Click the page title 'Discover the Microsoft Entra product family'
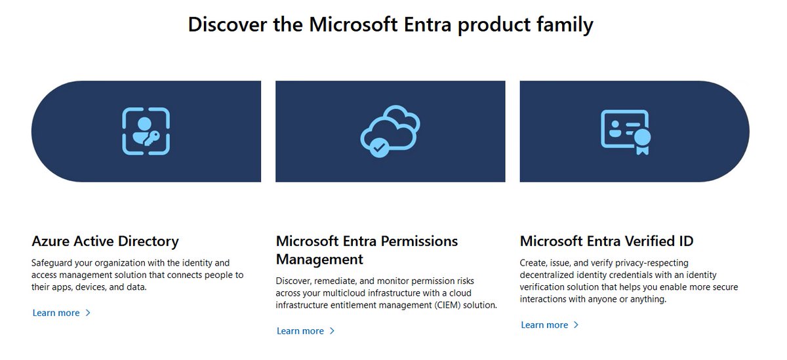coord(390,25)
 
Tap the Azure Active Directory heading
coord(105,241)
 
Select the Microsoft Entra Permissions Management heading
coord(367,249)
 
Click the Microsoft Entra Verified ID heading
coord(606,241)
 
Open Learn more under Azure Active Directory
coord(56,313)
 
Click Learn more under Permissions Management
coord(300,331)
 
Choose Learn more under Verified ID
coord(544,325)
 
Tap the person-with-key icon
coord(146,131)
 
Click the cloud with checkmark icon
coord(390,131)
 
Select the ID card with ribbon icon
coord(625,131)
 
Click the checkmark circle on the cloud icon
coord(378,147)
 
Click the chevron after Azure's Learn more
coord(88,313)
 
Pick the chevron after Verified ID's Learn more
coord(576,325)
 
